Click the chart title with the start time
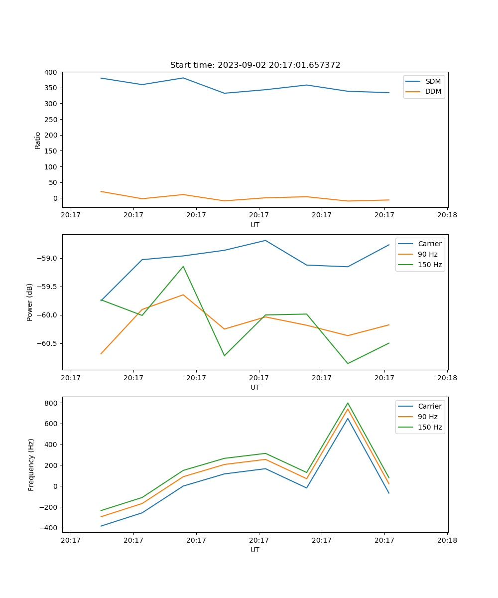255,65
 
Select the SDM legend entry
433,81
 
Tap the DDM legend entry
433,92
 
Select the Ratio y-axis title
38,140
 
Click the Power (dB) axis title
30,302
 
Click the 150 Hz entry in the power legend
430,265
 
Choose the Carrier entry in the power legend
430,244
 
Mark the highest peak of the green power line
183,267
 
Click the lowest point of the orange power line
101,354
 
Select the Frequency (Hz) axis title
31,464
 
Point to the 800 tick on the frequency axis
51,403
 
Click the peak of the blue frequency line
348,418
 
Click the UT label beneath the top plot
255,225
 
